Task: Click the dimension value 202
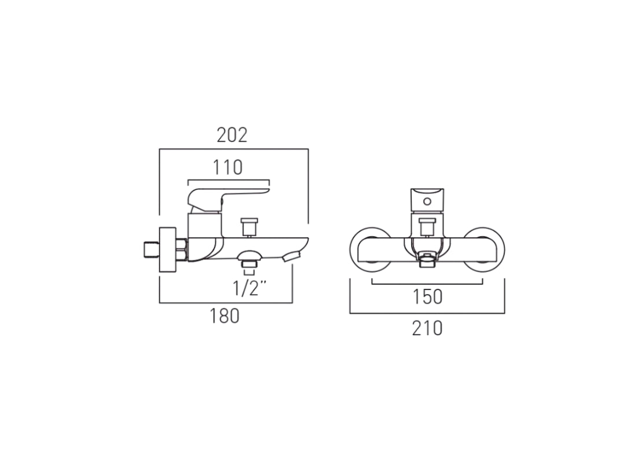coord(232,135)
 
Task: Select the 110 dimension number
coord(227,168)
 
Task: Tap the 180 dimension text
coord(224,316)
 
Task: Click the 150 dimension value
coord(427,297)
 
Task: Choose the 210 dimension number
coord(427,328)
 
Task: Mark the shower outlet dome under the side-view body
coord(250,256)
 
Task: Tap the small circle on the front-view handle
coord(427,202)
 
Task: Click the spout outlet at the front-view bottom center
coord(427,262)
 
